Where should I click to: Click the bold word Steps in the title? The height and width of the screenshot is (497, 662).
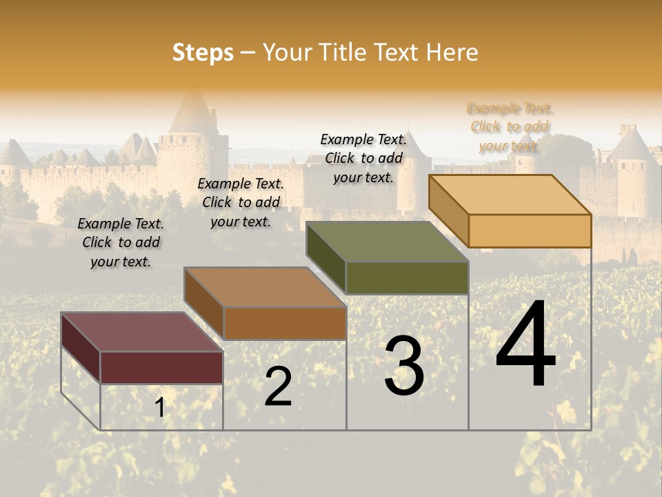pyautogui.click(x=203, y=52)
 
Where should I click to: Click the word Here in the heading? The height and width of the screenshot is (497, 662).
pyautogui.click(x=452, y=52)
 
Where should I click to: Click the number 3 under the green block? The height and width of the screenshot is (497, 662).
pyautogui.click(x=404, y=366)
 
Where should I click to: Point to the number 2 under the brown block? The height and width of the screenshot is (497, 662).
pyautogui.click(x=279, y=387)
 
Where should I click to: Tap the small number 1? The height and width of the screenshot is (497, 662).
pyautogui.click(x=160, y=408)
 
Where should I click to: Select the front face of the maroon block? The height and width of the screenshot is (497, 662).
pyautogui.click(x=161, y=367)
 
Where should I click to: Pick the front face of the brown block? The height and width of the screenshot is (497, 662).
pyautogui.click(x=285, y=323)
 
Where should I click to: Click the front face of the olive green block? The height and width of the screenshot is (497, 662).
pyautogui.click(x=407, y=277)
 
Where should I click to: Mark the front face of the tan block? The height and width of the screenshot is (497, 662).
pyautogui.click(x=530, y=231)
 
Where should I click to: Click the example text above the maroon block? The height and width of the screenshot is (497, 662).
pyautogui.click(x=121, y=242)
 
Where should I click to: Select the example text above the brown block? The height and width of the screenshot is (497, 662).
pyautogui.click(x=241, y=202)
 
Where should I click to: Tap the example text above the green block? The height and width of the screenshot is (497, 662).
pyautogui.click(x=363, y=158)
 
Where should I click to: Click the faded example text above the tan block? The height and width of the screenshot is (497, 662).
pyautogui.click(x=510, y=127)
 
